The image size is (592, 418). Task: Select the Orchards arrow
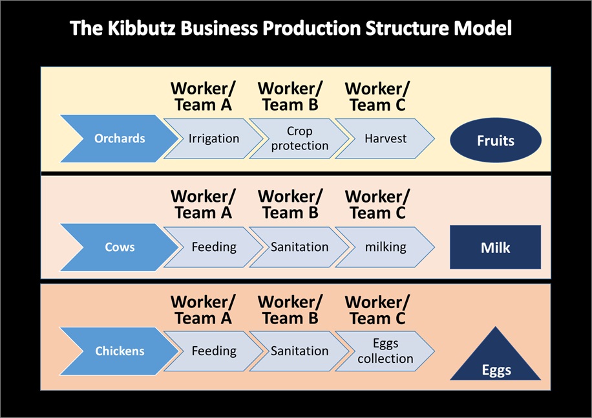click(x=120, y=138)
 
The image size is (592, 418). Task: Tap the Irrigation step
click(x=214, y=138)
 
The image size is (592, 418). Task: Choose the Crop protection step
click(x=300, y=138)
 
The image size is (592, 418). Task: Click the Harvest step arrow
click(x=385, y=138)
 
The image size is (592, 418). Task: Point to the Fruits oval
click(x=495, y=140)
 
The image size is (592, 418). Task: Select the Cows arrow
click(x=120, y=247)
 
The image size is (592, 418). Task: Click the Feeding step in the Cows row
click(x=214, y=247)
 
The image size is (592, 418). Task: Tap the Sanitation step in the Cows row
click(x=300, y=247)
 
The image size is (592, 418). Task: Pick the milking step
click(x=385, y=247)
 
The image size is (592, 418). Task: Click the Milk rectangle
click(x=495, y=247)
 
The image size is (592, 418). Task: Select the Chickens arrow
click(x=120, y=351)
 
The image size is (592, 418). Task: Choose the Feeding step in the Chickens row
click(x=214, y=351)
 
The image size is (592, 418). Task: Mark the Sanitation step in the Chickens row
click(x=300, y=351)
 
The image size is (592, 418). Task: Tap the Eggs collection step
click(x=385, y=351)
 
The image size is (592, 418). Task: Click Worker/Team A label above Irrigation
click(x=203, y=97)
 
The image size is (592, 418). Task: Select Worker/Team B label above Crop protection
click(x=290, y=97)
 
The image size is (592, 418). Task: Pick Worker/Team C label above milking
click(x=377, y=204)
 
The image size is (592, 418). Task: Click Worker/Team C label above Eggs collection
click(x=377, y=310)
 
